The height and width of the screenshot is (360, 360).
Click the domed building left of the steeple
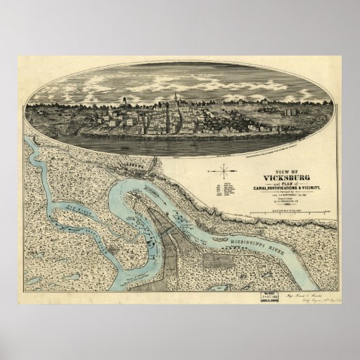pyautogui.click(x=124, y=103)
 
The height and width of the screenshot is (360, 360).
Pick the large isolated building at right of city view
pyautogui.click(x=290, y=111)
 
